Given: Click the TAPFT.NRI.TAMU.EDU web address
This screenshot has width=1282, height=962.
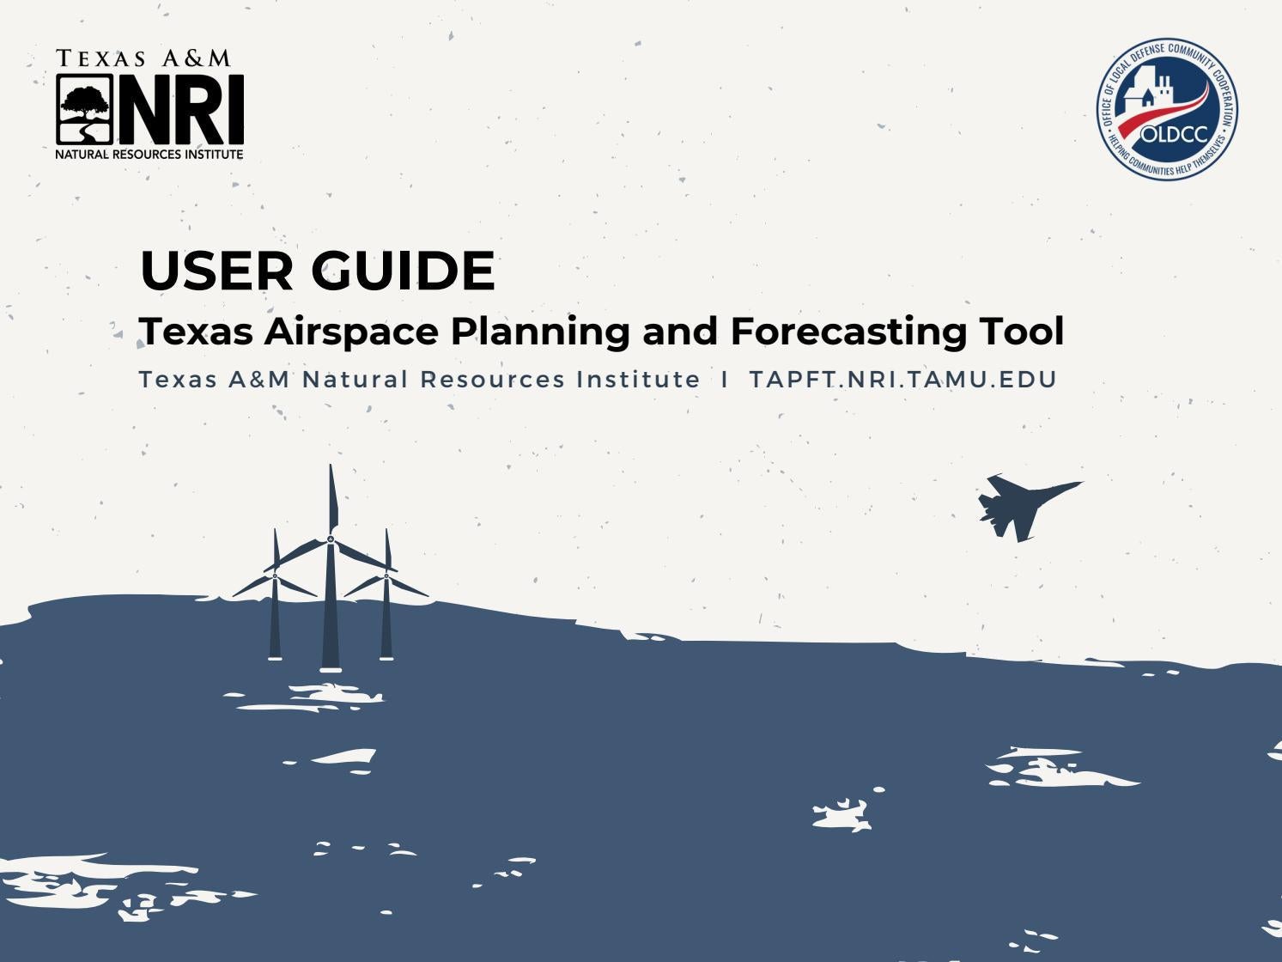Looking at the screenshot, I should (x=902, y=380).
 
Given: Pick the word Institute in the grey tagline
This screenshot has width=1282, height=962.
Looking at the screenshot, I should (x=638, y=380).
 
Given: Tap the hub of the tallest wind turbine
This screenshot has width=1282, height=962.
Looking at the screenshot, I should (x=331, y=539).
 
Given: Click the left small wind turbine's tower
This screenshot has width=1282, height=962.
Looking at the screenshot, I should (x=275, y=618).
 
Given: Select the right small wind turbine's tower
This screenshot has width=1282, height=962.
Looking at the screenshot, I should (x=386, y=618).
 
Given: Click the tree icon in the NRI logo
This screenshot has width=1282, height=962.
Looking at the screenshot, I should (x=85, y=108).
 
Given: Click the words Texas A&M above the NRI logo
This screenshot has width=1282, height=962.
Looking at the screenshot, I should (x=143, y=58).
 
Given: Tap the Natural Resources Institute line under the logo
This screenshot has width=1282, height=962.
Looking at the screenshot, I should (x=149, y=155).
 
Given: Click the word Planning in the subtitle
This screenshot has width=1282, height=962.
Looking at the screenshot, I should (x=543, y=332).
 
